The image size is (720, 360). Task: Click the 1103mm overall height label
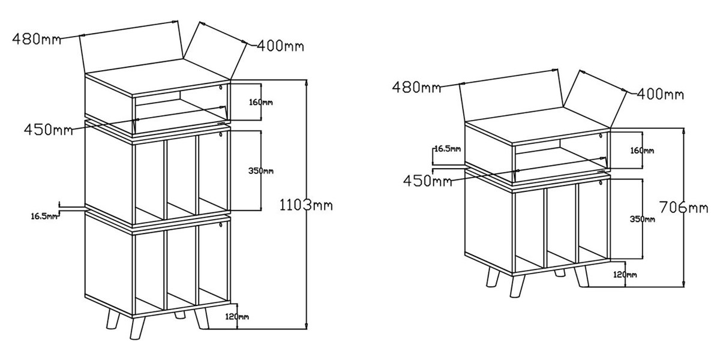click(x=306, y=205)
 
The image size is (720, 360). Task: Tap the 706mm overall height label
click(x=683, y=208)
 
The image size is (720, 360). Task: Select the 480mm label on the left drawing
click(x=37, y=39)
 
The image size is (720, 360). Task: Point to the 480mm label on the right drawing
click(x=416, y=87)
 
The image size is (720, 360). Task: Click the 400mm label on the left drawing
click(x=280, y=46)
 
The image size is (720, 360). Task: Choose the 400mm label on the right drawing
click(x=660, y=94)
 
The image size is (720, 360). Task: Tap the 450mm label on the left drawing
click(x=49, y=130)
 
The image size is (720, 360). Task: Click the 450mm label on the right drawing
click(x=427, y=181)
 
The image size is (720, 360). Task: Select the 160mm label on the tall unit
click(x=260, y=102)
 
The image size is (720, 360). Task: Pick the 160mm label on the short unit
click(x=642, y=151)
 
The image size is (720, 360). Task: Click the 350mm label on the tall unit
click(x=260, y=170)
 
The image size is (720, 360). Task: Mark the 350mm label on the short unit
click(x=642, y=219)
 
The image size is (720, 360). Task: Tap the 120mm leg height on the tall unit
click(x=237, y=317)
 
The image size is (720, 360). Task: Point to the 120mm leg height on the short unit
click(x=625, y=275)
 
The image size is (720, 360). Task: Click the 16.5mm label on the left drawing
click(x=44, y=216)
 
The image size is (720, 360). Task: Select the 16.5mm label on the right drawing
click(x=448, y=149)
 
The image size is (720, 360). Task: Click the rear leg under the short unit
click(x=560, y=273)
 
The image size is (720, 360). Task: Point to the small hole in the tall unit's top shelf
click(x=221, y=88)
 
